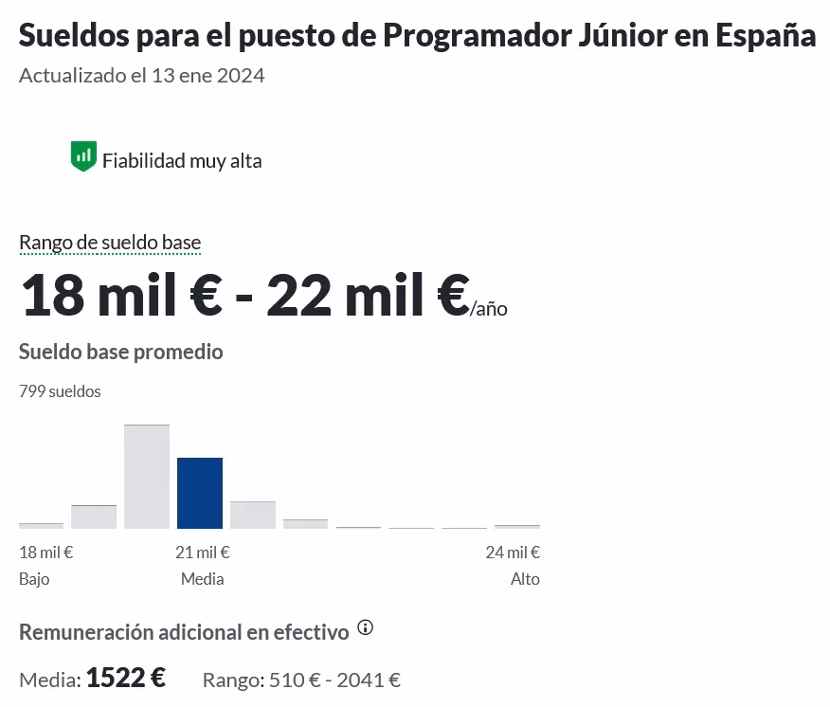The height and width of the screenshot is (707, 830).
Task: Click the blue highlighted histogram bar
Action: (200, 493)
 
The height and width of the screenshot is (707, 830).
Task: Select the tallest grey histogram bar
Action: (147, 477)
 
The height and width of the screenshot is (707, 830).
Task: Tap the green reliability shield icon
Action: (83, 156)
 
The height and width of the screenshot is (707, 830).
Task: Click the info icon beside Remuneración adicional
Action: (366, 628)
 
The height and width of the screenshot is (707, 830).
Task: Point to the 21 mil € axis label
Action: (202, 553)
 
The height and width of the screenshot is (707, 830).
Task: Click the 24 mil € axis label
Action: (512, 553)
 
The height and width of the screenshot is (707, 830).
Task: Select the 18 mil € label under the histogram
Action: (45, 553)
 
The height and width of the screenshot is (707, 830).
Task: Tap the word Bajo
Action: (34, 579)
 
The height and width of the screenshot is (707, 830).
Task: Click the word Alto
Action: (525, 579)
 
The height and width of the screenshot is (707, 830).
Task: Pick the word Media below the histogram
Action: (202, 579)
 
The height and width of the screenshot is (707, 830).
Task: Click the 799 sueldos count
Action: (60, 391)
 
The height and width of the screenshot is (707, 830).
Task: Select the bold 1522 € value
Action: (125, 678)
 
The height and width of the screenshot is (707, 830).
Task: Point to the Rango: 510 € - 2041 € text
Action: (301, 680)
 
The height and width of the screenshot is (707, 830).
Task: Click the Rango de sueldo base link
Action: (110, 243)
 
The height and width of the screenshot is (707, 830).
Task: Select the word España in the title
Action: (765, 36)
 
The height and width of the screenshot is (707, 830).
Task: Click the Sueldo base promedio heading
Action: (121, 352)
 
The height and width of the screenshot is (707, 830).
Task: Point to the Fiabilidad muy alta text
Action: (182, 161)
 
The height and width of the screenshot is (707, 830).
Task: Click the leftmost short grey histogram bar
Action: (41, 525)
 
